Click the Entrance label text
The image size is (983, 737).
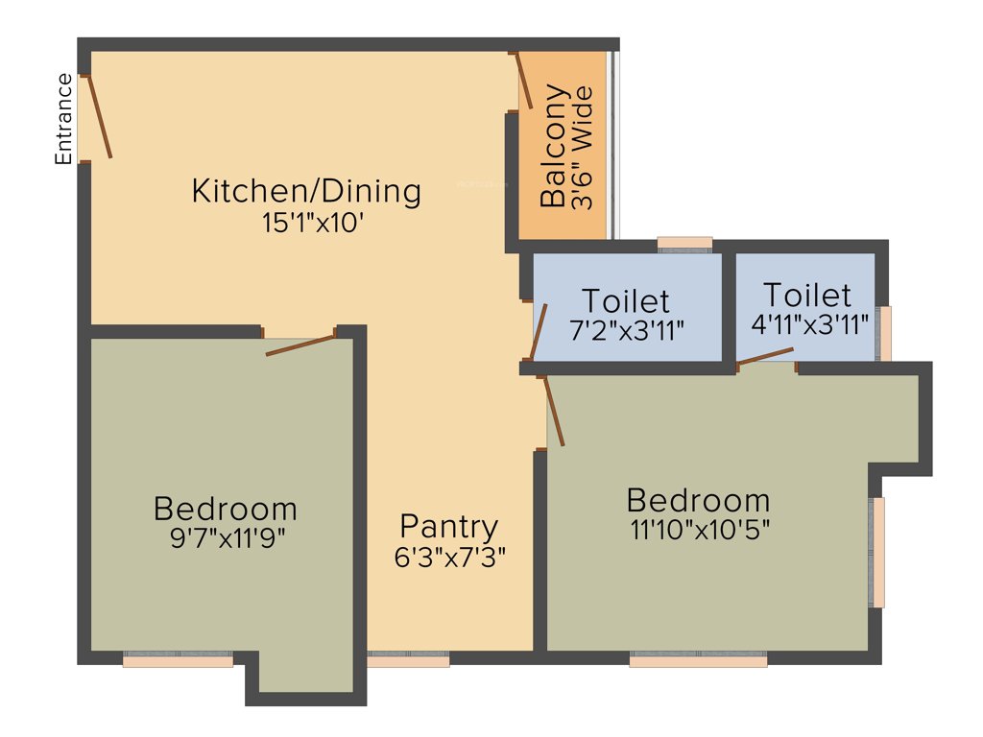64,119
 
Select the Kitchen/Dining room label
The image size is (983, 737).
306,190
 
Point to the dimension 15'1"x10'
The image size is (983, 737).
305,223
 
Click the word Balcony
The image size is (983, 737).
554,147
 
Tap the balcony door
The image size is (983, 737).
525,81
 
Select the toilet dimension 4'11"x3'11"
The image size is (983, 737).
810,322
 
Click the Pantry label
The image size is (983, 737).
449,526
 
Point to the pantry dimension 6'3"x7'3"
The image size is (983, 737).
449,556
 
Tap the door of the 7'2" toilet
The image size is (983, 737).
539,331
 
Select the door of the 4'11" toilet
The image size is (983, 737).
765,357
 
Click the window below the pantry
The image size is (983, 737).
408,659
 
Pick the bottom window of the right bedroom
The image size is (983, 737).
698,659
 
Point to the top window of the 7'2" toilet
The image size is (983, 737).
684,244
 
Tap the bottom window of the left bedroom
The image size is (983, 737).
178,659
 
